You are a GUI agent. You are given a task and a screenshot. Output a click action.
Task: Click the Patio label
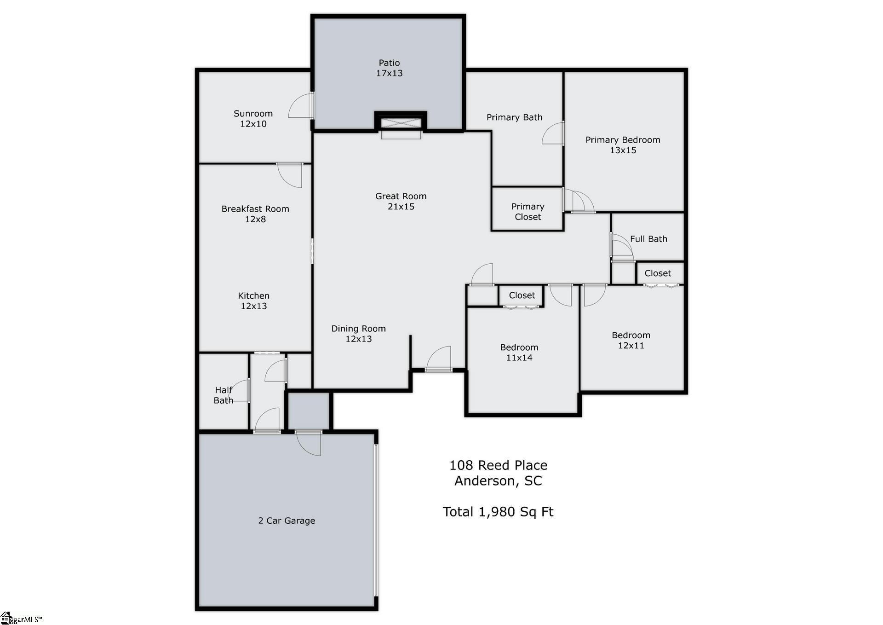[389, 63]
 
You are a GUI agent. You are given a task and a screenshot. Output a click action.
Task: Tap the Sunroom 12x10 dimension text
[253, 124]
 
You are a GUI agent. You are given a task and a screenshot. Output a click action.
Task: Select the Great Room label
[401, 196]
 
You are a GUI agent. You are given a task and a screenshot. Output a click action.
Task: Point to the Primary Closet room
[528, 208]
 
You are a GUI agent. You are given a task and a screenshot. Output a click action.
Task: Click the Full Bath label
[648, 239]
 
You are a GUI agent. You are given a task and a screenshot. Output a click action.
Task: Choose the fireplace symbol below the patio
[401, 123]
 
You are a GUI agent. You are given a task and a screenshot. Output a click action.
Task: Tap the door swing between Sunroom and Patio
[300, 105]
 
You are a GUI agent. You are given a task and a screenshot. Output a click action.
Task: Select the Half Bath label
[224, 395]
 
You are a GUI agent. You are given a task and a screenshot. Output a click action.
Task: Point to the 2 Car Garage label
[287, 521]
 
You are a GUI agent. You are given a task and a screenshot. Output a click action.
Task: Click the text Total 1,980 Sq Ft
[498, 512]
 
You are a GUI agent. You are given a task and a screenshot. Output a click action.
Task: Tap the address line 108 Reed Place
[498, 465]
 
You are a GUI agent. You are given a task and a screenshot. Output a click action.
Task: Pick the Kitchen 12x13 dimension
[254, 306]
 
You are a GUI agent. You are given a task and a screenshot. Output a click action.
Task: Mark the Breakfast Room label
[255, 209]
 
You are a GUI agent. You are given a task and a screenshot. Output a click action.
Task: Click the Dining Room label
[359, 329]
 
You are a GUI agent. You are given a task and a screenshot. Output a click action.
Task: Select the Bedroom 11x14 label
[519, 353]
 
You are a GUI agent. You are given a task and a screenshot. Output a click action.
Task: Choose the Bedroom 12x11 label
[631, 340]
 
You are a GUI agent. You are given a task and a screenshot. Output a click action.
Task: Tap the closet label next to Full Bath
[658, 273]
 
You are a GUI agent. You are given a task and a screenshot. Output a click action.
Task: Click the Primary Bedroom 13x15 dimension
[623, 150]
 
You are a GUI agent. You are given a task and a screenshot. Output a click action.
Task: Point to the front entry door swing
[438, 358]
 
